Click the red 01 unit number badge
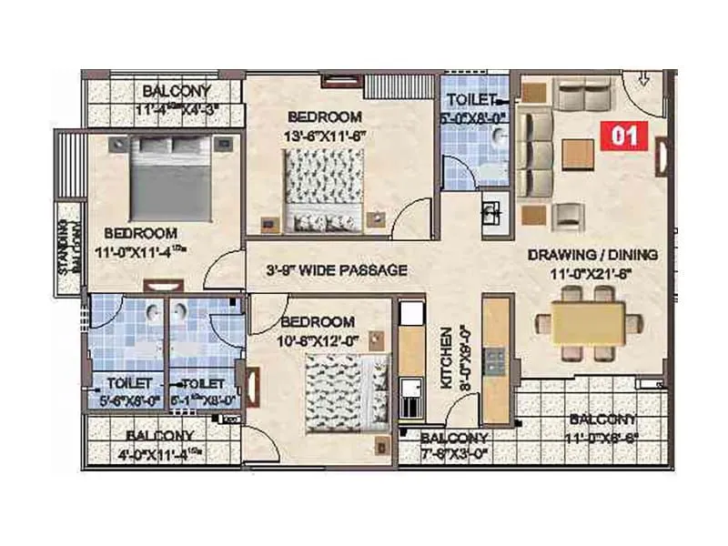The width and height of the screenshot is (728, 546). (625, 135)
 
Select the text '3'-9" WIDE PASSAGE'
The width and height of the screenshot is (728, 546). (336, 270)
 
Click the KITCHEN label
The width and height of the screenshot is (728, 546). (447, 359)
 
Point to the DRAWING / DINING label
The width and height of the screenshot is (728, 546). (592, 255)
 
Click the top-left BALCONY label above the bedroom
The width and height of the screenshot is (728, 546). (177, 91)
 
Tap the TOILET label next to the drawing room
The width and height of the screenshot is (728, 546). (470, 98)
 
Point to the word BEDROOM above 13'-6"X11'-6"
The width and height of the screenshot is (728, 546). (324, 116)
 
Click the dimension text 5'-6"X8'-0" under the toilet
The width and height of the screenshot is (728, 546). (128, 398)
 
